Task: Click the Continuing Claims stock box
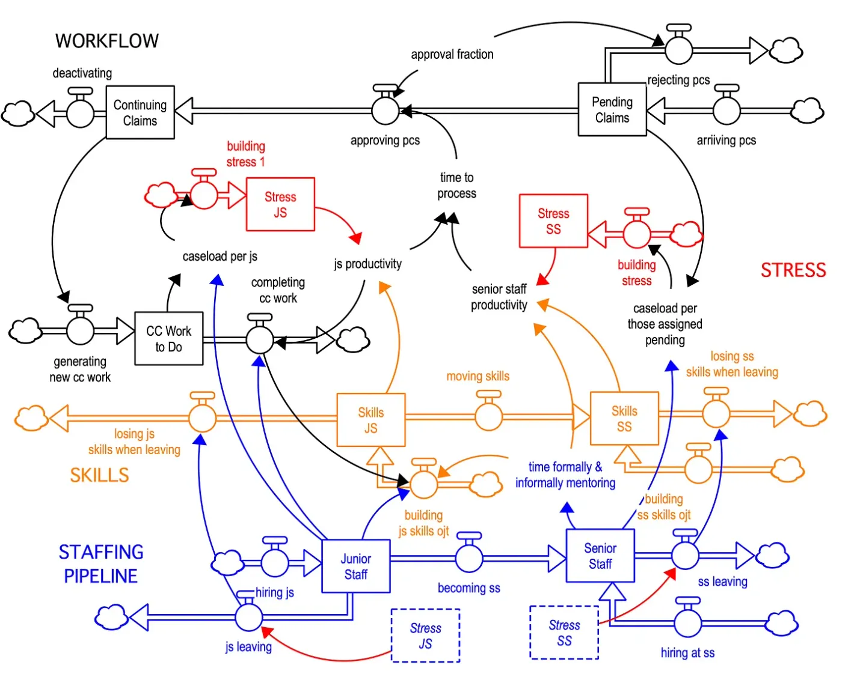(x=140, y=112)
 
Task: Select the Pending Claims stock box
(x=612, y=110)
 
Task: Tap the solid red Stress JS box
(x=280, y=204)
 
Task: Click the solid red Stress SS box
(x=553, y=221)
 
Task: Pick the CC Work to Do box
(x=168, y=339)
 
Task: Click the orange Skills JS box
(x=370, y=420)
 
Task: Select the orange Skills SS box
(x=624, y=419)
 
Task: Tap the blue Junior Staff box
(x=355, y=566)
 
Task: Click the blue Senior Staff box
(x=600, y=556)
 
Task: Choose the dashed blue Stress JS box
(x=425, y=636)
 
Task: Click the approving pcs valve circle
(x=385, y=111)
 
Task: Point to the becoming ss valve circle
(x=469, y=558)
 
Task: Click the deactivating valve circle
(x=80, y=113)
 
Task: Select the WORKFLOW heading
(x=107, y=41)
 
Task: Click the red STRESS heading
(x=793, y=270)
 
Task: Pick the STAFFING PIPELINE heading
(x=101, y=563)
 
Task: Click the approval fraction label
(x=452, y=55)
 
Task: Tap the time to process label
(x=456, y=185)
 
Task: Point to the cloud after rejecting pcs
(x=787, y=50)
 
